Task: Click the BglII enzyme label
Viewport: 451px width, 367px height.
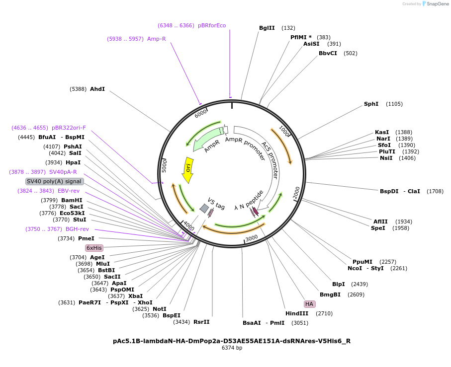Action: tap(267, 28)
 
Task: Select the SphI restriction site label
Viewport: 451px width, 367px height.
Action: tap(371, 104)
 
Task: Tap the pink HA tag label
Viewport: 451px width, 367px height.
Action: tap(309, 304)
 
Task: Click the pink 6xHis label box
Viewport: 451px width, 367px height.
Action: tap(94, 247)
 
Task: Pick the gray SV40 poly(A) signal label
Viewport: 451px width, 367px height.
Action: tap(54, 181)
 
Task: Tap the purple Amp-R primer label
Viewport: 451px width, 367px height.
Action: tap(156, 38)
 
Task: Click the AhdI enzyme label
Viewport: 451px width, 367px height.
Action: tap(97, 89)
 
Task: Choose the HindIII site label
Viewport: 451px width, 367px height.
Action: tap(297, 313)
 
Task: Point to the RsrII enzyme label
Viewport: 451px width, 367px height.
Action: tap(201, 322)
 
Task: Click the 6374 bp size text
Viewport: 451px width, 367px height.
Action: tap(232, 348)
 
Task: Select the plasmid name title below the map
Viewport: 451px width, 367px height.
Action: tap(232, 341)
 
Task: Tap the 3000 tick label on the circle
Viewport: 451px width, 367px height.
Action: tap(252, 238)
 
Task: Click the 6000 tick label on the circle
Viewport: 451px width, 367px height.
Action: tap(201, 114)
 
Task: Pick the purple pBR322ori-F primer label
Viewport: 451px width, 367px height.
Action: tap(69, 128)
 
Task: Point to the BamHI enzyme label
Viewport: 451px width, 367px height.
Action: tap(72, 200)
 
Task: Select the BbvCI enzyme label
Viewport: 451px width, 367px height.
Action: tap(328, 53)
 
